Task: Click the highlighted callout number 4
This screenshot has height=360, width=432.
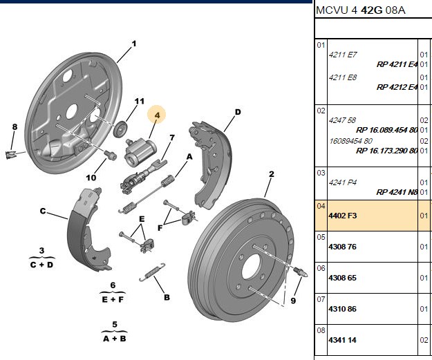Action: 157,115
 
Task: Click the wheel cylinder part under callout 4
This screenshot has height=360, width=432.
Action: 140,151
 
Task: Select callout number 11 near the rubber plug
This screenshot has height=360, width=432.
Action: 140,102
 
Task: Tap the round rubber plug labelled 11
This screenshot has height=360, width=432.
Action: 120,129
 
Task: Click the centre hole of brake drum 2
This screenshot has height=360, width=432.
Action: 251,266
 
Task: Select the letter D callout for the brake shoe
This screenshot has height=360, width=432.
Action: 238,112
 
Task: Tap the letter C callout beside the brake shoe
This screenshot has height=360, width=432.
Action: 42,211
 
